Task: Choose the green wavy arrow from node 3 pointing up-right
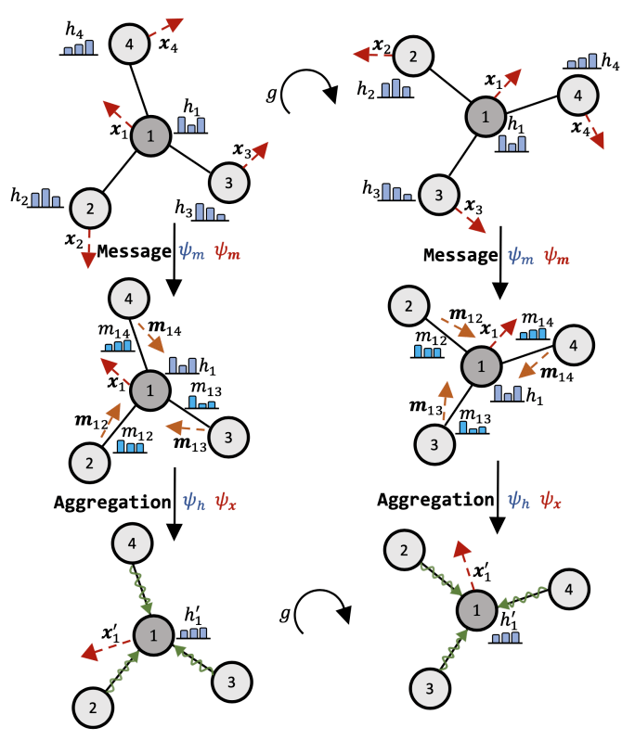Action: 453,653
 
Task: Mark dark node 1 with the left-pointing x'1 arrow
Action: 149,635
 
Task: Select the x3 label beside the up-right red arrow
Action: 242,149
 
